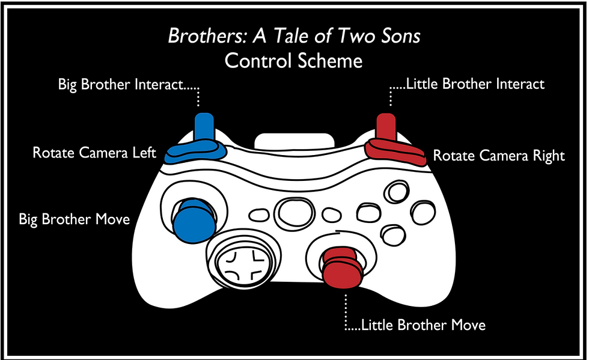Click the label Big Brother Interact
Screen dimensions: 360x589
[x=120, y=85]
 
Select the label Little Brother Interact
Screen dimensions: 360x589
[x=475, y=84]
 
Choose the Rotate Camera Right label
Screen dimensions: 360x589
[x=499, y=156]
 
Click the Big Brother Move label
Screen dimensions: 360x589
[x=75, y=219]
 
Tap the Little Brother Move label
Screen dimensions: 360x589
[x=423, y=326]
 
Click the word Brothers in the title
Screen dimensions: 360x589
[x=201, y=37]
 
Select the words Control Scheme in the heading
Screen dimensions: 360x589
[x=293, y=61]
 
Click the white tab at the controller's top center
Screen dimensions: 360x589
[x=294, y=140]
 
